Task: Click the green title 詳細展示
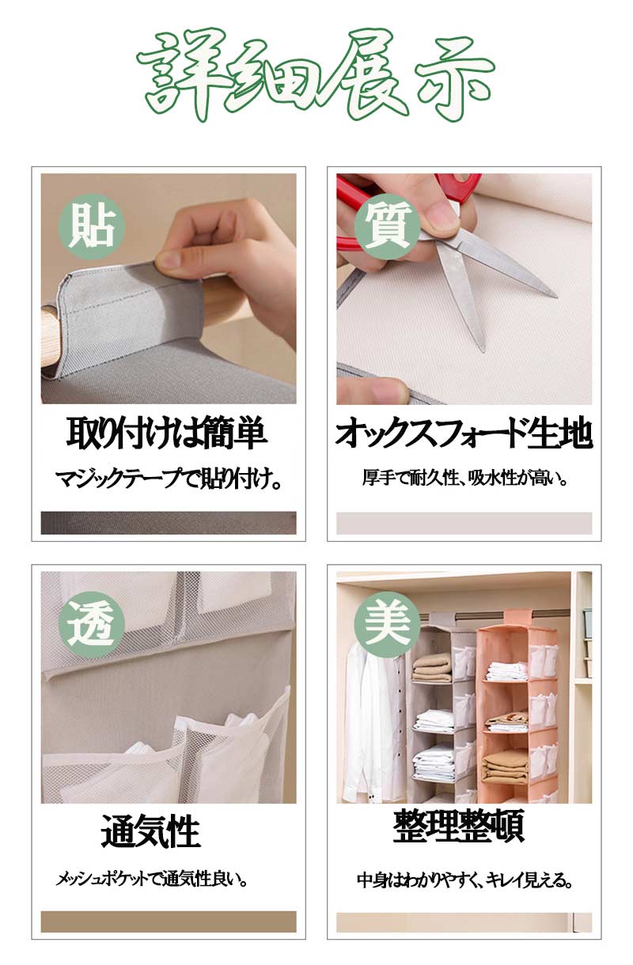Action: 316,75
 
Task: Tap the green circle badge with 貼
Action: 91,227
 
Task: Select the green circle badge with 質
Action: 387,227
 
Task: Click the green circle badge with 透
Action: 91,625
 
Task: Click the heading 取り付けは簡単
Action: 166,433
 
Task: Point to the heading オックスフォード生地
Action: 464,433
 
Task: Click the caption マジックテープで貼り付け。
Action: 169,479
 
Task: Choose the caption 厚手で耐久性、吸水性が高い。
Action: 464,478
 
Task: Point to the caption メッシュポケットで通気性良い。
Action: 153,879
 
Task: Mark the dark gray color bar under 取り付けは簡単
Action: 169,523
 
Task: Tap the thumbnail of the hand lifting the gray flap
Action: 169,289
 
